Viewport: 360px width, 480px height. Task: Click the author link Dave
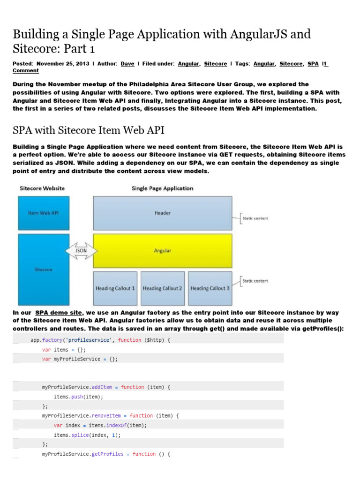tap(127, 63)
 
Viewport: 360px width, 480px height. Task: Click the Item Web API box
tap(44, 213)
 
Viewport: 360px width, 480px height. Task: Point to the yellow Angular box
tap(163, 251)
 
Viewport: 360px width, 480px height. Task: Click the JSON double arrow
tap(82, 251)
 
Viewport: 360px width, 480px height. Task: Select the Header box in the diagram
tap(163, 213)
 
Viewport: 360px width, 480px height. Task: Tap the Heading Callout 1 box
tap(115, 288)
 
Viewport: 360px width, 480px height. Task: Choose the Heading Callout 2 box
tap(162, 288)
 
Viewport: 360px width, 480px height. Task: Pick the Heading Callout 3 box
tap(210, 288)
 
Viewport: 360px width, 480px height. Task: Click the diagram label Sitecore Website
tap(42, 188)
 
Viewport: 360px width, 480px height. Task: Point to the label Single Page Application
tap(163, 188)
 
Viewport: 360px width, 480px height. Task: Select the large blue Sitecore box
tap(44, 270)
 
